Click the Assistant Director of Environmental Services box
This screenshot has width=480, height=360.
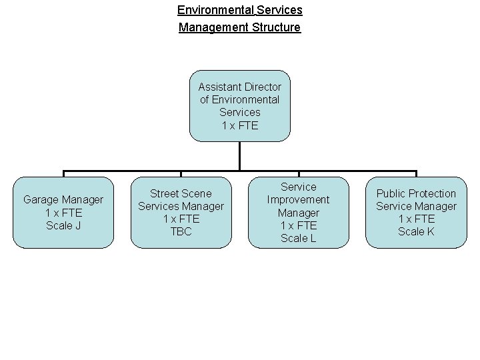click(x=239, y=106)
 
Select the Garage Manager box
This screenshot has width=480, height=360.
click(x=63, y=212)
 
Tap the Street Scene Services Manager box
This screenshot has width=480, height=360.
click(x=181, y=212)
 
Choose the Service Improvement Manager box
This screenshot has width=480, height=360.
click(x=298, y=212)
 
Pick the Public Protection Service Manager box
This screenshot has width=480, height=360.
click(x=416, y=212)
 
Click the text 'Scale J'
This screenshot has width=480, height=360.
click(x=63, y=225)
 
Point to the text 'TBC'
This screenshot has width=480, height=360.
click(x=181, y=232)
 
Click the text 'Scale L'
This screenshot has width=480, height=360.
click(x=298, y=238)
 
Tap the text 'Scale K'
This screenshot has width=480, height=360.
click(x=416, y=231)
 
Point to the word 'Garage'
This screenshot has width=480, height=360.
click(x=41, y=199)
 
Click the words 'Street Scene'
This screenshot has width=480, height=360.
click(x=181, y=193)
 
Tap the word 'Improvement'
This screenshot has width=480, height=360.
click(x=298, y=199)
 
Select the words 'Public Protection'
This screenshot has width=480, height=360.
click(x=416, y=193)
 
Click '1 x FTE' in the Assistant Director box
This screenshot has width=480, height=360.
click(x=239, y=125)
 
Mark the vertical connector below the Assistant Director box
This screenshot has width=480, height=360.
click(x=239, y=156)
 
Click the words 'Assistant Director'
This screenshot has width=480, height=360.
click(x=239, y=87)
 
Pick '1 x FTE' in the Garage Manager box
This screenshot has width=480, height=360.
click(x=63, y=212)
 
